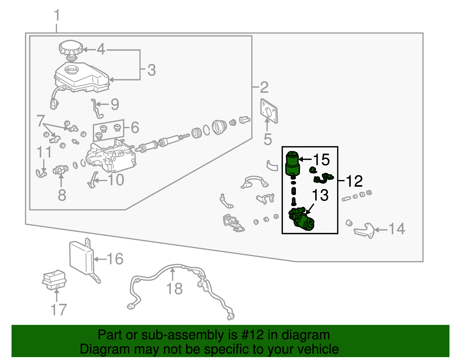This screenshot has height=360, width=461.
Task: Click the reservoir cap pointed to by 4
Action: [71, 48]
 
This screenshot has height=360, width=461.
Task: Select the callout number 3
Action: [152, 70]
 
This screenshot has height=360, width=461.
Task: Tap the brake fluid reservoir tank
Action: [82, 77]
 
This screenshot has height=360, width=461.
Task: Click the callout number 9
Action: [115, 104]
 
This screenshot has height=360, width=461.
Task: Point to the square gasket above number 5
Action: [269, 111]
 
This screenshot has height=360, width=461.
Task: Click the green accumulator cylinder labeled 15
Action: [292, 164]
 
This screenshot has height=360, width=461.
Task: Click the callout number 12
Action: [354, 181]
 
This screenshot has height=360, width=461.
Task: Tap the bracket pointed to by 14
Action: [365, 230]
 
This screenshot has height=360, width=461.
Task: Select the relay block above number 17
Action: [54, 280]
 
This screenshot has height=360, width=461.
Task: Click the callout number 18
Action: [175, 289]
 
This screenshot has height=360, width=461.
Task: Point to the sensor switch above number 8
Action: [60, 170]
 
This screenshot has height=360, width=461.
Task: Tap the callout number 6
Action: [135, 127]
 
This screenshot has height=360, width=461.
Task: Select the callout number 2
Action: [264, 87]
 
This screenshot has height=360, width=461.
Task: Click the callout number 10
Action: [116, 180]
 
